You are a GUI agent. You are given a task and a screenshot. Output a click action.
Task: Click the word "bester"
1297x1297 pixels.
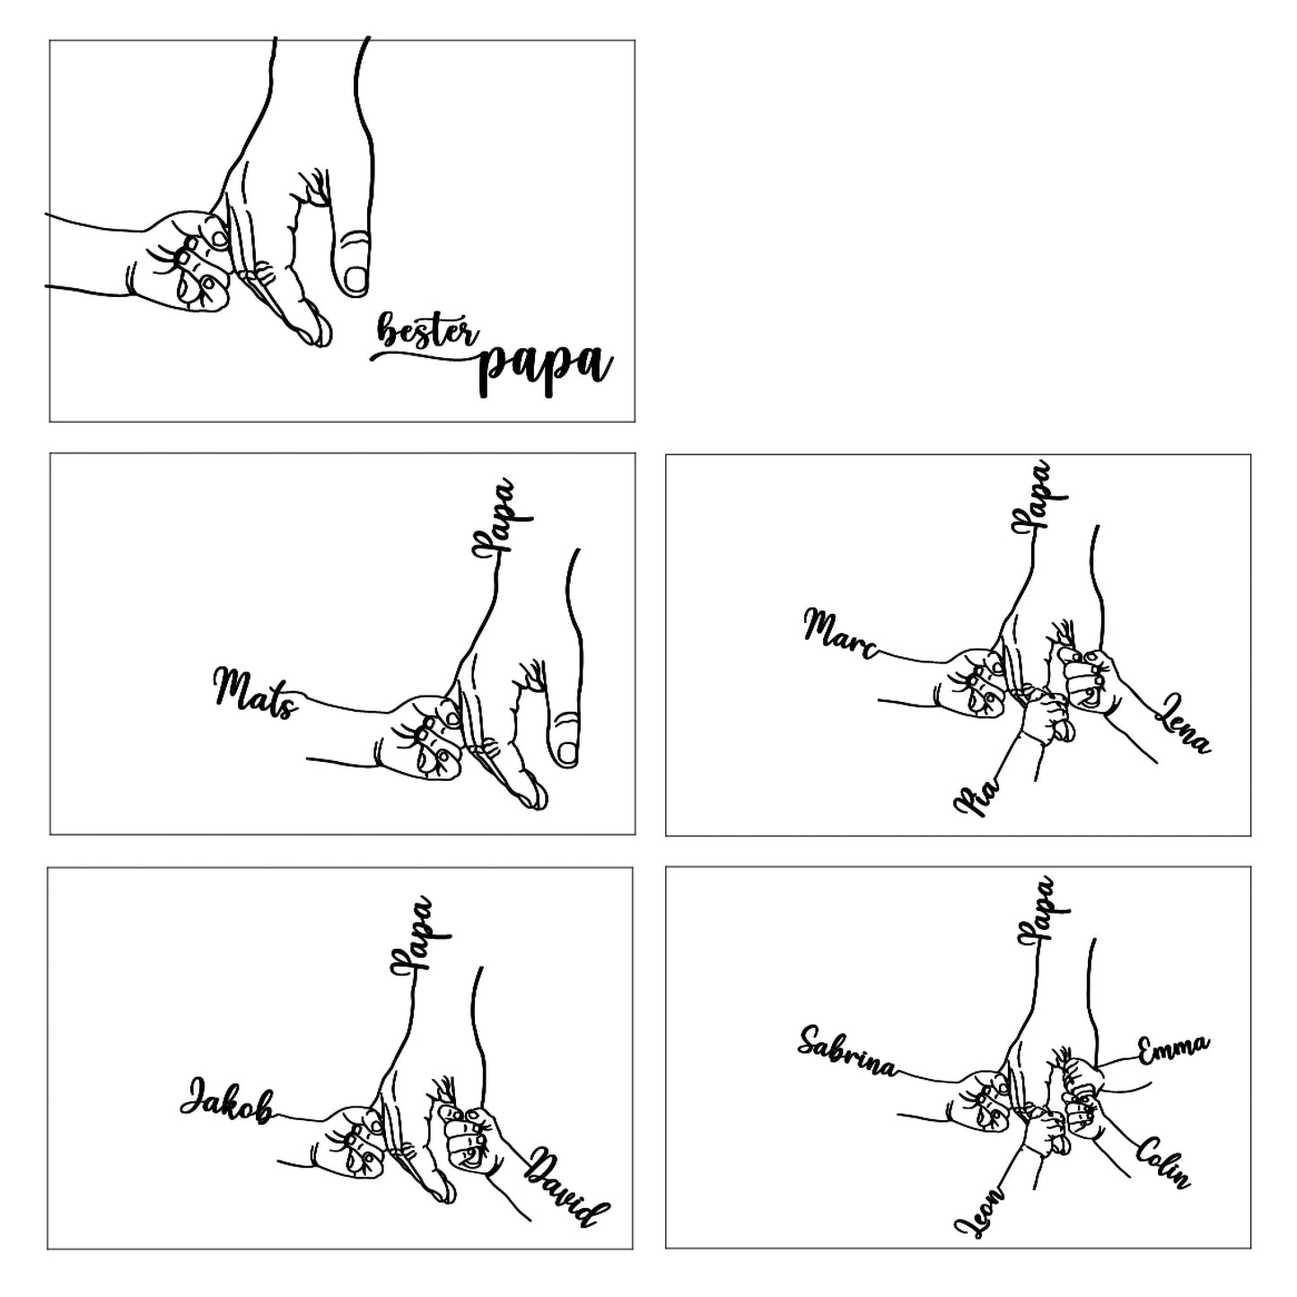(428, 329)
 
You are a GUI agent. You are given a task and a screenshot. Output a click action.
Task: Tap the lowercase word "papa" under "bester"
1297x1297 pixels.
(546, 371)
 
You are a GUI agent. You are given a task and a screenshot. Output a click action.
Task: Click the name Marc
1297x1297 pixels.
(841, 634)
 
